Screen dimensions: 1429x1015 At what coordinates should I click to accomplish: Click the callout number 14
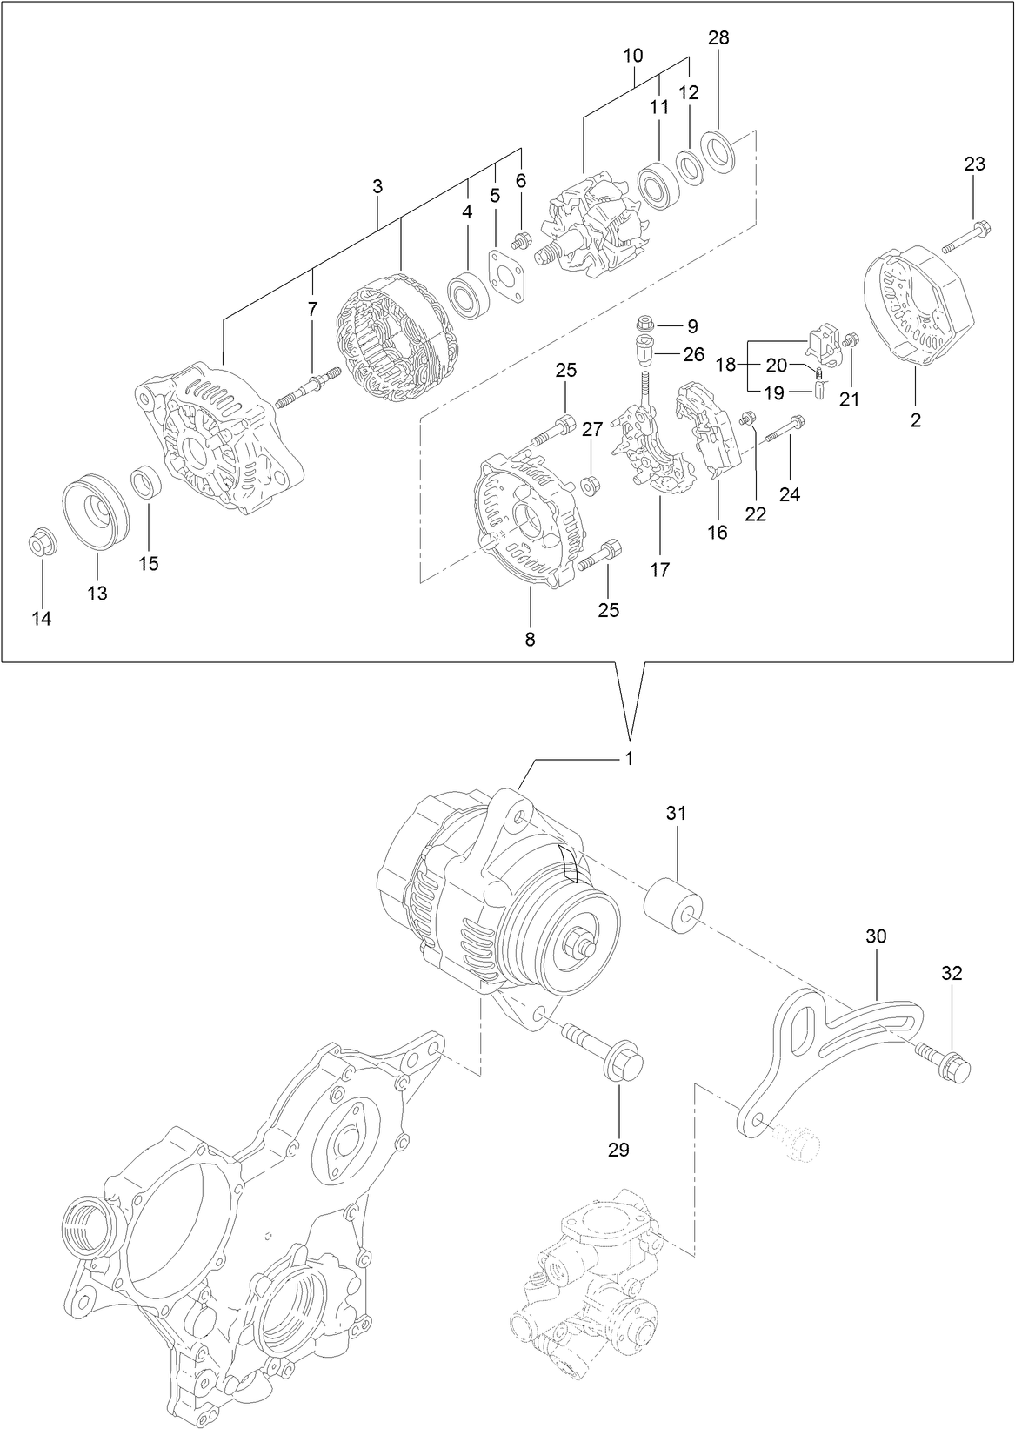point(42,619)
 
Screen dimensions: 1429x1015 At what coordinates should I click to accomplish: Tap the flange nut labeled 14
point(40,544)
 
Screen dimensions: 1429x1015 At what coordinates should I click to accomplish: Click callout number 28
point(718,37)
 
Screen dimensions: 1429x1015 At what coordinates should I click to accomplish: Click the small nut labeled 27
point(588,484)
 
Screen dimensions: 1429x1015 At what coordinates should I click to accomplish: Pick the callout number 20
point(775,366)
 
